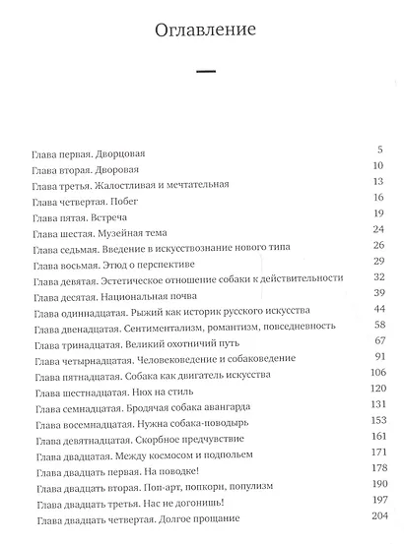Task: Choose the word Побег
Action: point(143,200)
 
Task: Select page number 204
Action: point(373,515)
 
